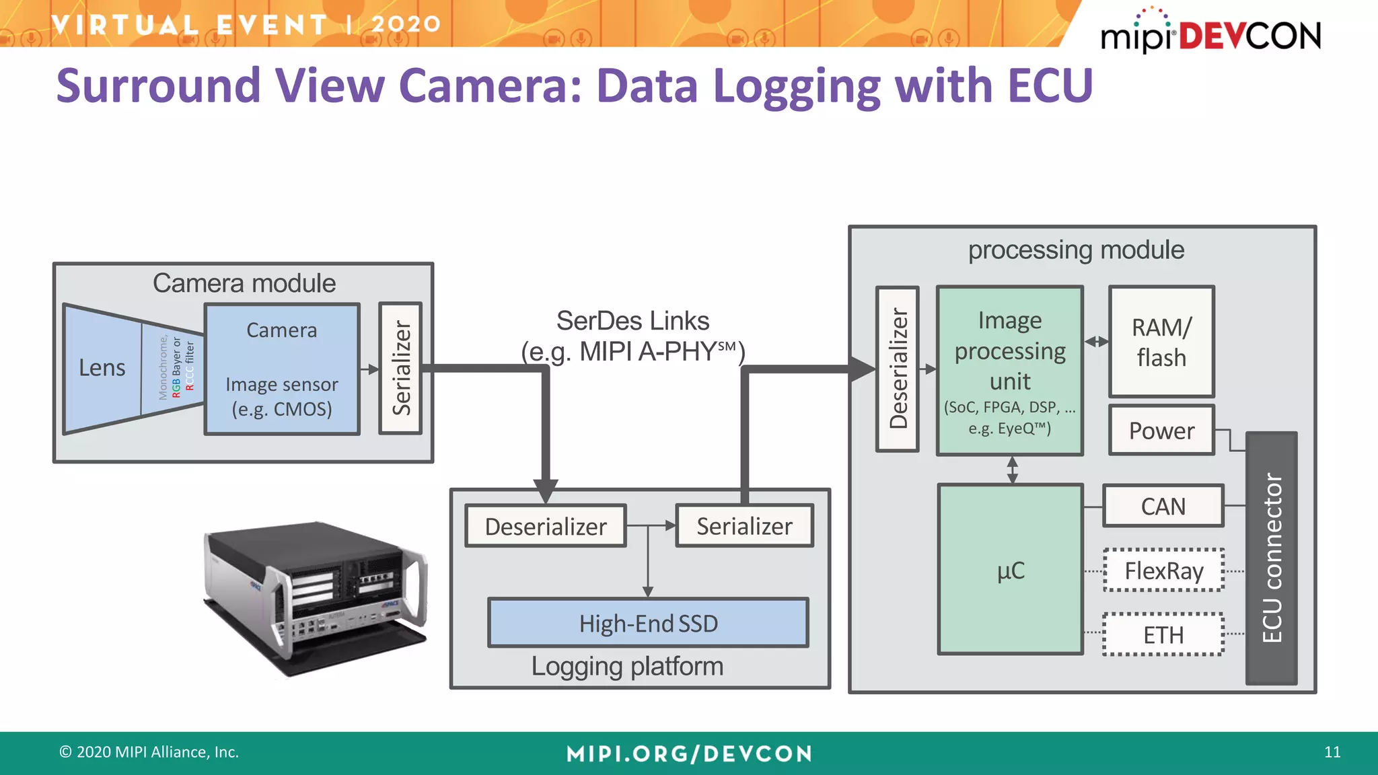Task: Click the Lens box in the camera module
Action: (102, 368)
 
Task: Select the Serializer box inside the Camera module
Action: (400, 368)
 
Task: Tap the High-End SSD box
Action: (648, 623)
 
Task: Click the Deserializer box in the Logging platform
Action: (546, 526)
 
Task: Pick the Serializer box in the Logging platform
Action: (744, 526)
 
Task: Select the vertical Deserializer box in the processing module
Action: (898, 369)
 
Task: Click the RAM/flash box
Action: (1161, 342)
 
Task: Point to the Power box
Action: (1161, 431)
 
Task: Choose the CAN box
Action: (1163, 506)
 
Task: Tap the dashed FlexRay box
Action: (1163, 570)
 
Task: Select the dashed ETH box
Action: (1163, 634)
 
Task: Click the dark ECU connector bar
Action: (1271, 558)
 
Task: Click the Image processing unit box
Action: (1009, 370)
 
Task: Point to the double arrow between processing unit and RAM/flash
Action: (1096, 342)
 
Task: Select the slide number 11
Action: (1332, 752)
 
